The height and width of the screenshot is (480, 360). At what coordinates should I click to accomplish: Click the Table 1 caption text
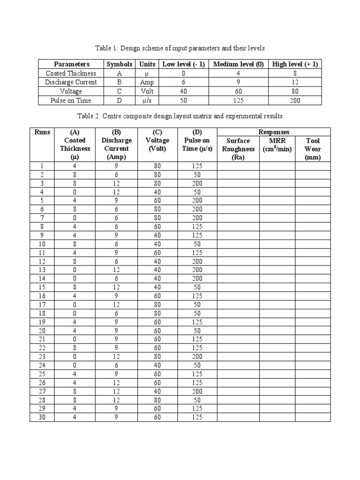point(180,48)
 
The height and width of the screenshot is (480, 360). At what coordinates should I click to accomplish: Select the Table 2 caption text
point(180,116)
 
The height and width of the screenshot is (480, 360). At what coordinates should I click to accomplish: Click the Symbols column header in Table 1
point(120,64)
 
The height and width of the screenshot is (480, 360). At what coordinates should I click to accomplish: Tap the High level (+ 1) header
point(295,64)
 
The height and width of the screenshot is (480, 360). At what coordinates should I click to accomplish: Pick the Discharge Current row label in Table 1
point(71,82)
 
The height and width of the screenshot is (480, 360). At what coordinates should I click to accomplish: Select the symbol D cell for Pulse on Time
point(120,100)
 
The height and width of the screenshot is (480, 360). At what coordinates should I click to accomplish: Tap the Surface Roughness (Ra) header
point(238,149)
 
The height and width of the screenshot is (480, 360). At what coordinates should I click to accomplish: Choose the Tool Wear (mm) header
point(313,149)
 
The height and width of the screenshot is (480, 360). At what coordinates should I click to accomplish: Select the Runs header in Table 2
point(42,132)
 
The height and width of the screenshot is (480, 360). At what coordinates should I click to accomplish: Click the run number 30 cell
point(42,417)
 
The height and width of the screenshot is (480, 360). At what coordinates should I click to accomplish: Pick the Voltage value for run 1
point(157,166)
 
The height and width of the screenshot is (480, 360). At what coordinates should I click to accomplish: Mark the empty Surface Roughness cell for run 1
point(238,166)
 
